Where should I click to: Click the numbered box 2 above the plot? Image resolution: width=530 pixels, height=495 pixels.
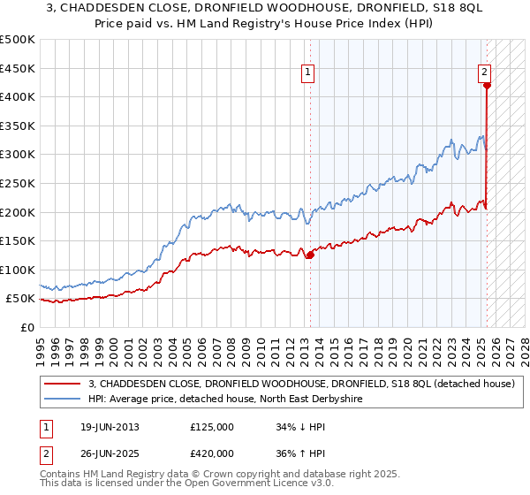(486, 73)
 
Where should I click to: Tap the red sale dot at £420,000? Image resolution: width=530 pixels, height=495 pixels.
(487, 86)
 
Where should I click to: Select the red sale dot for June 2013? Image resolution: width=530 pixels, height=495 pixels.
(310, 255)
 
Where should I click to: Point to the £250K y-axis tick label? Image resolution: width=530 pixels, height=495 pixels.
(18, 183)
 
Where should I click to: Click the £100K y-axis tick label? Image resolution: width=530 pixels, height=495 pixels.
(18, 270)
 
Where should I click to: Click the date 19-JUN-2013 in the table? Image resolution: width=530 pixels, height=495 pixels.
(109, 427)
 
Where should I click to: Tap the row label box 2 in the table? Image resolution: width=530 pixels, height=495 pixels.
(47, 453)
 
